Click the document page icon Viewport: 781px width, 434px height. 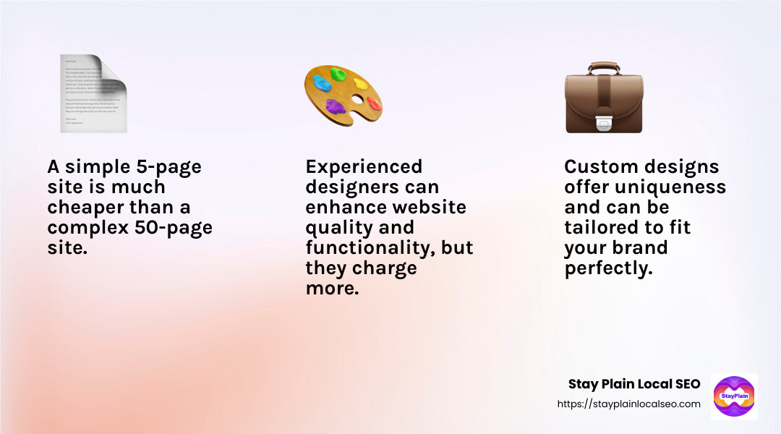[93, 94]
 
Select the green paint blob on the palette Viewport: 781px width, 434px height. [338, 73]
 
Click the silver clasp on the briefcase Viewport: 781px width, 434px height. [604, 124]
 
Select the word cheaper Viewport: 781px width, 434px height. [86, 208]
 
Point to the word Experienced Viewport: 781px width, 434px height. [364, 167]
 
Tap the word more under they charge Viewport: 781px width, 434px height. [333, 289]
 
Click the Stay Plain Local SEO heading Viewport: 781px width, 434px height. [634, 384]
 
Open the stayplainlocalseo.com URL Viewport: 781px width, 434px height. [628, 404]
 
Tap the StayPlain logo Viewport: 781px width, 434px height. [734, 396]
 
